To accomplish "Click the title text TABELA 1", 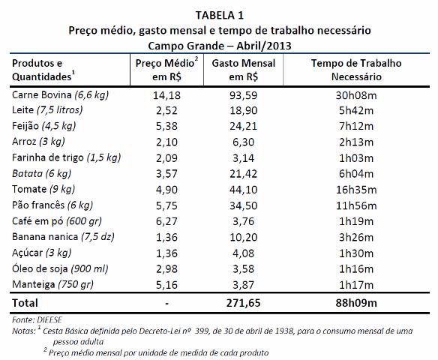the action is [x=220, y=15].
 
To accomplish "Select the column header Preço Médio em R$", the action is [x=166, y=70].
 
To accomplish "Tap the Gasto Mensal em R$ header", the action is [x=244, y=70].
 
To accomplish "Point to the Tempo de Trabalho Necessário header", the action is [x=356, y=70].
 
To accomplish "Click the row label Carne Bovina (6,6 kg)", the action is [x=60, y=95].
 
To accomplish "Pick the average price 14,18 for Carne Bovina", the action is [x=166, y=95].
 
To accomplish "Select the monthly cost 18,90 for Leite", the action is [x=244, y=111].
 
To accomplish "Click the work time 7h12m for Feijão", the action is [x=356, y=126].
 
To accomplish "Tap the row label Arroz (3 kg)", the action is [x=38, y=142].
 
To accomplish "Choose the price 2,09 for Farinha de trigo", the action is [x=166, y=158].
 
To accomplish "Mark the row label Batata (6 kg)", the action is [x=41, y=174].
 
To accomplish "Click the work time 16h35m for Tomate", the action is [x=356, y=190].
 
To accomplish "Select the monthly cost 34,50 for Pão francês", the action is [x=244, y=205].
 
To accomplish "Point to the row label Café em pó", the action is [x=57, y=221].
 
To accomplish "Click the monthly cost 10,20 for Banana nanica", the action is [x=244, y=238].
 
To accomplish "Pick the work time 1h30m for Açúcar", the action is [x=356, y=253].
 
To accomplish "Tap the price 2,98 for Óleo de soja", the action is [x=166, y=269].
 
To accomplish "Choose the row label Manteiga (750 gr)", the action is [x=52, y=284].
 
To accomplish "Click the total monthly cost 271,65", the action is [x=244, y=303].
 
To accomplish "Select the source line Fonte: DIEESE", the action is [x=37, y=319].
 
